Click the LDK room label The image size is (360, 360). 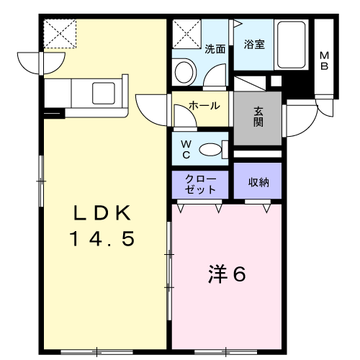(102, 212)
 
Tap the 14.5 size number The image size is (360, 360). (102, 238)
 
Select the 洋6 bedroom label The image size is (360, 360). (227, 274)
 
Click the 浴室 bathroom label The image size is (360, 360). (254, 45)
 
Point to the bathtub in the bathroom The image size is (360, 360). (291, 45)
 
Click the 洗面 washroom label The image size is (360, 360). (215, 49)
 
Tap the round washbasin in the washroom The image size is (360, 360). (184, 72)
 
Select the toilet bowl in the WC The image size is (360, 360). (210, 150)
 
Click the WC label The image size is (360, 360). (186, 150)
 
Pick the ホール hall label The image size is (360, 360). (204, 106)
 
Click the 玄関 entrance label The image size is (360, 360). (258, 117)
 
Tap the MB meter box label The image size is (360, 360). (324, 60)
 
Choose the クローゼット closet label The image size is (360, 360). (200, 184)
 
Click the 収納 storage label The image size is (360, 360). (258, 183)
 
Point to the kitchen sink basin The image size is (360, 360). (104, 94)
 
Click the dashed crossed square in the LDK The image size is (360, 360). (60, 34)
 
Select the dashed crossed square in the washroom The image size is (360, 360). (186, 34)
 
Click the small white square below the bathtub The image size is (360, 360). (276, 81)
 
